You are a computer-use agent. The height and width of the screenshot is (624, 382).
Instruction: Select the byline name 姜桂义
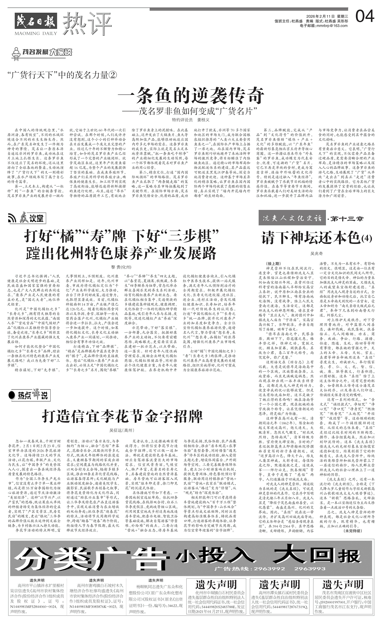click(203, 120)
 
